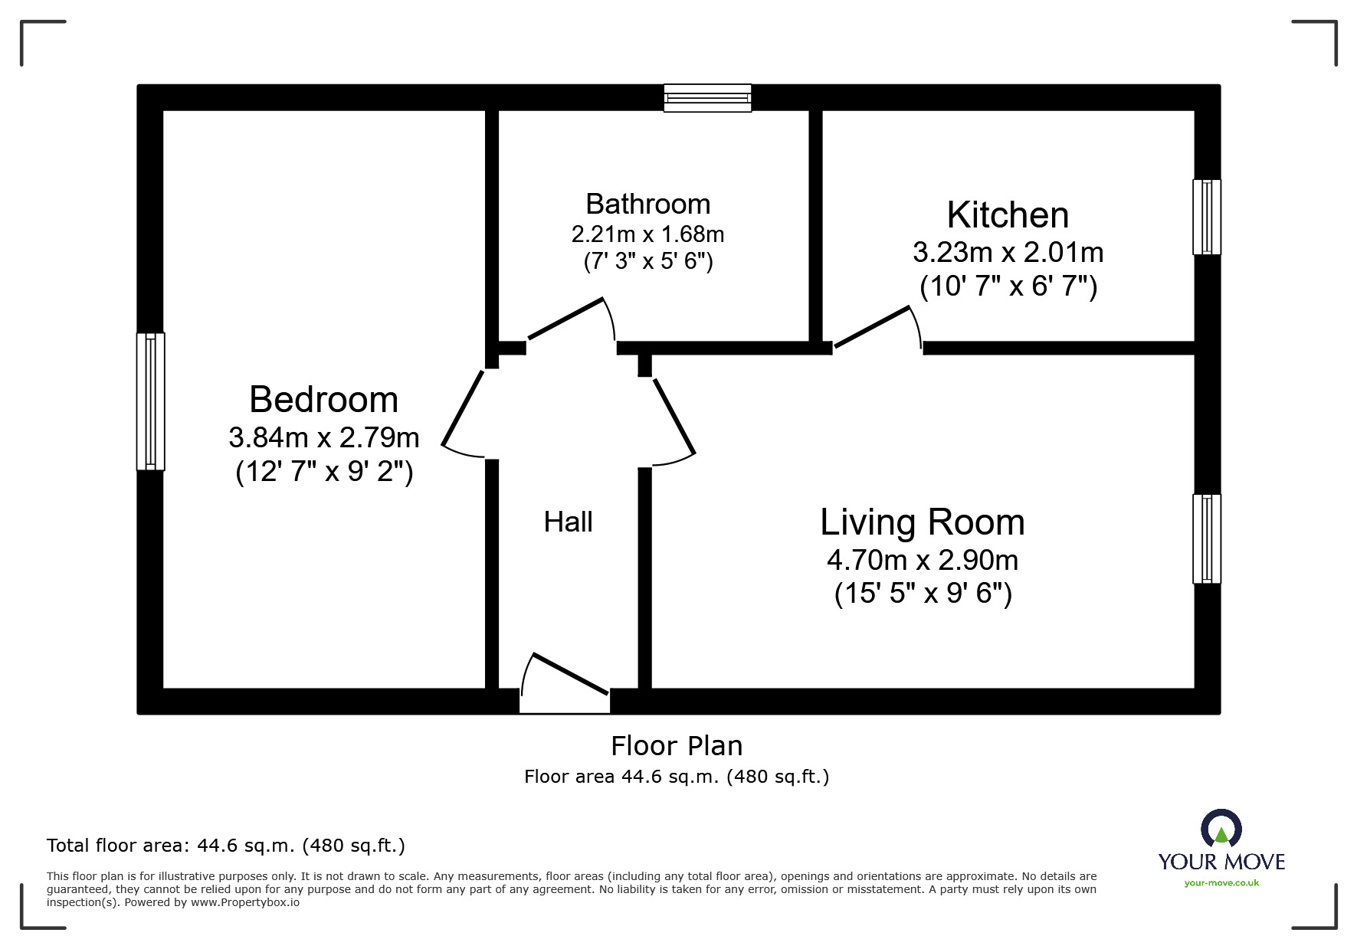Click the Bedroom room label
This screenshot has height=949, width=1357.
323,400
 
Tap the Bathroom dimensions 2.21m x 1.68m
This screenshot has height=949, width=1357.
647,234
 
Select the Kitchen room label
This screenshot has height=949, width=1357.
1008,215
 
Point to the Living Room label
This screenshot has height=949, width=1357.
922,522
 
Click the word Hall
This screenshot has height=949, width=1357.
568,522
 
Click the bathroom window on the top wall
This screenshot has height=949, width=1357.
707,98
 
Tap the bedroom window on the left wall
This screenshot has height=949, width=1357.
151,401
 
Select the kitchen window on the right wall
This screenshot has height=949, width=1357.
1206,217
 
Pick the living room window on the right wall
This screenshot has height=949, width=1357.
1206,538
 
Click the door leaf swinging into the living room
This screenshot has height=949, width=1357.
674,417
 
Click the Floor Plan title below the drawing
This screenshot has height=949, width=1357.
677,746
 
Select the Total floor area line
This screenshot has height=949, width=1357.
226,846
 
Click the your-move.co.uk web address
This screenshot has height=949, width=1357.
1221,883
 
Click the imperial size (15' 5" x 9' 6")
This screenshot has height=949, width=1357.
923,594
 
